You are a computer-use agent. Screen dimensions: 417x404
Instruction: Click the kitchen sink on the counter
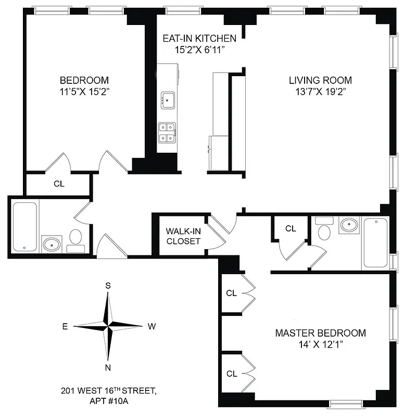click(168, 99)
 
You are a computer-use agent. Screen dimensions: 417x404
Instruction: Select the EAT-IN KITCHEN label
click(199, 39)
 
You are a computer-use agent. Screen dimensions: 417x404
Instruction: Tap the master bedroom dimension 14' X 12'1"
click(320, 345)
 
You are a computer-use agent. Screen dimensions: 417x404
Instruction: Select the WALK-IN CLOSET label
click(183, 236)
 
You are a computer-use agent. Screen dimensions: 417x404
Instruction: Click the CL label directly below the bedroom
click(59, 183)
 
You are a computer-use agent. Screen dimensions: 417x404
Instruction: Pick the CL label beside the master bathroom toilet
click(291, 228)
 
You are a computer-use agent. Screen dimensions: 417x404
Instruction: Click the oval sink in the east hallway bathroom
click(52, 244)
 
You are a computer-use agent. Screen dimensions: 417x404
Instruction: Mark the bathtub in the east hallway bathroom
click(24, 227)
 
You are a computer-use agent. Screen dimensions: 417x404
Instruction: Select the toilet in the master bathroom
click(324, 228)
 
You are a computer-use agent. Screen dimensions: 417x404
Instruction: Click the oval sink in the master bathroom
click(348, 226)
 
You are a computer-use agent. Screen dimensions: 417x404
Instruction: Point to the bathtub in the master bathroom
click(375, 242)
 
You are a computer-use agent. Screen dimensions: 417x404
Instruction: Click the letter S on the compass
click(108, 285)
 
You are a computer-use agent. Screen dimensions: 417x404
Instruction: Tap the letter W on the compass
click(151, 327)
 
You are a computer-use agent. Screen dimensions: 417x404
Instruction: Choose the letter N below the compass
click(108, 368)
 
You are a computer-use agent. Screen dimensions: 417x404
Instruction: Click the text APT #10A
click(108, 400)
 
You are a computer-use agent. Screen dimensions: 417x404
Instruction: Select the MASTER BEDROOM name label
click(320, 333)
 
